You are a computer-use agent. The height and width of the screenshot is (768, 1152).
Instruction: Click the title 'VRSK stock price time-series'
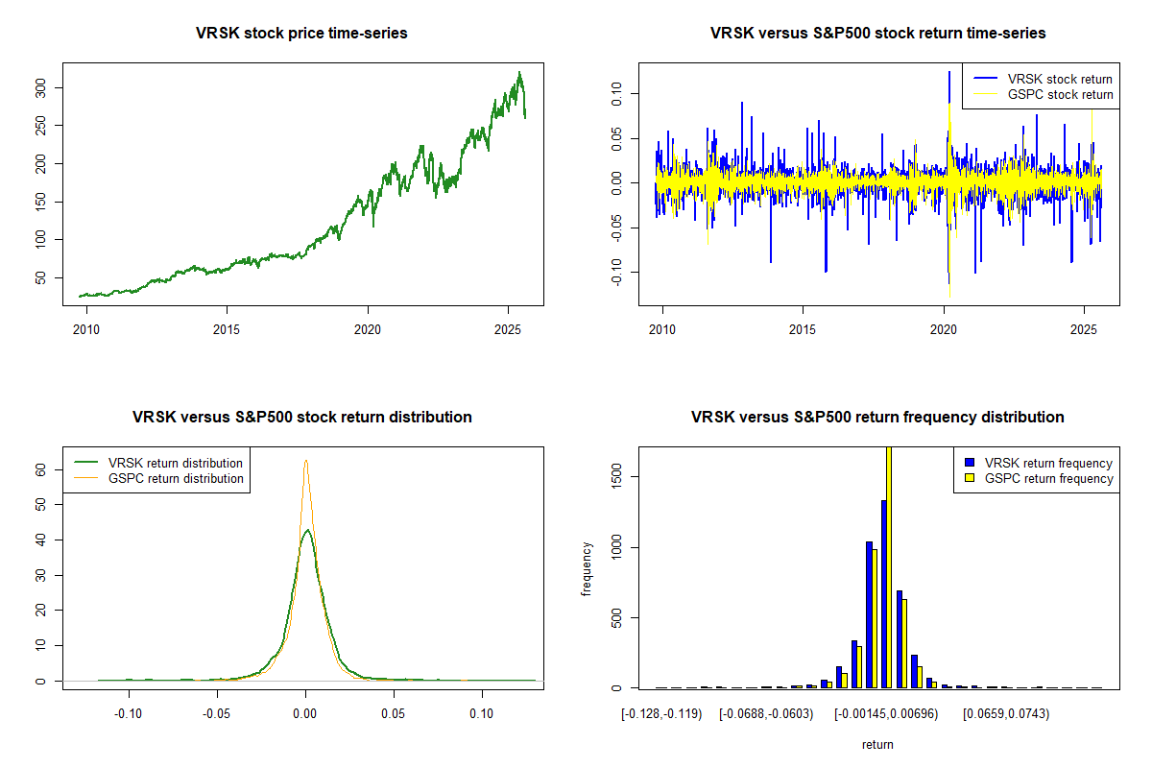click(x=301, y=34)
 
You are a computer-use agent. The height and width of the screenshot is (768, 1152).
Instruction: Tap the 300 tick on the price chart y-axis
click(x=54, y=88)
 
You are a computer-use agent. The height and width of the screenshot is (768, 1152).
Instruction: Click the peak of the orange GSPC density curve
click(x=305, y=462)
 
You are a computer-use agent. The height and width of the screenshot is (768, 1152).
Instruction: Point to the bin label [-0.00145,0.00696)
click(x=885, y=714)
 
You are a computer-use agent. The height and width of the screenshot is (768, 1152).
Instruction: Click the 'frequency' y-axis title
click(x=587, y=568)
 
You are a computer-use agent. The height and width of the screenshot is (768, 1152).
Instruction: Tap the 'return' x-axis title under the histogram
click(x=877, y=744)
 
